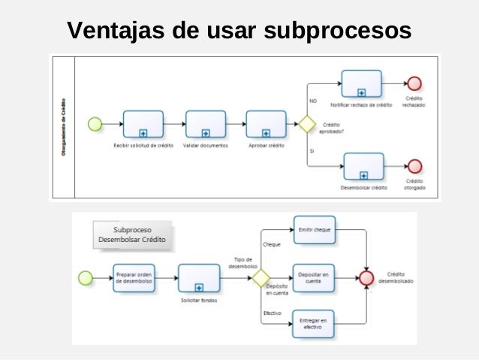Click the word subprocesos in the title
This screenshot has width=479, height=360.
click(335, 32)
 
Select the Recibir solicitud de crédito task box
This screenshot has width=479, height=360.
click(143, 124)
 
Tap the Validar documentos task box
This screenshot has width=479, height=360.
click(205, 124)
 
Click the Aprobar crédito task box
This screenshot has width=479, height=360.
click(266, 124)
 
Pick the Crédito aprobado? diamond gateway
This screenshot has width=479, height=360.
click(306, 124)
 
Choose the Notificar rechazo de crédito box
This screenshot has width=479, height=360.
click(361, 83)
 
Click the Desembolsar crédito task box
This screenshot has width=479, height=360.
click(363, 165)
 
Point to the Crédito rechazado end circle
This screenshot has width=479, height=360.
click(413, 83)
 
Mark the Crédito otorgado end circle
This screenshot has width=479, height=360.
click(413, 165)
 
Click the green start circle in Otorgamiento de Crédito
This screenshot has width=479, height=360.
click(95, 124)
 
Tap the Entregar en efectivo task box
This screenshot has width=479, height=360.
click(314, 324)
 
